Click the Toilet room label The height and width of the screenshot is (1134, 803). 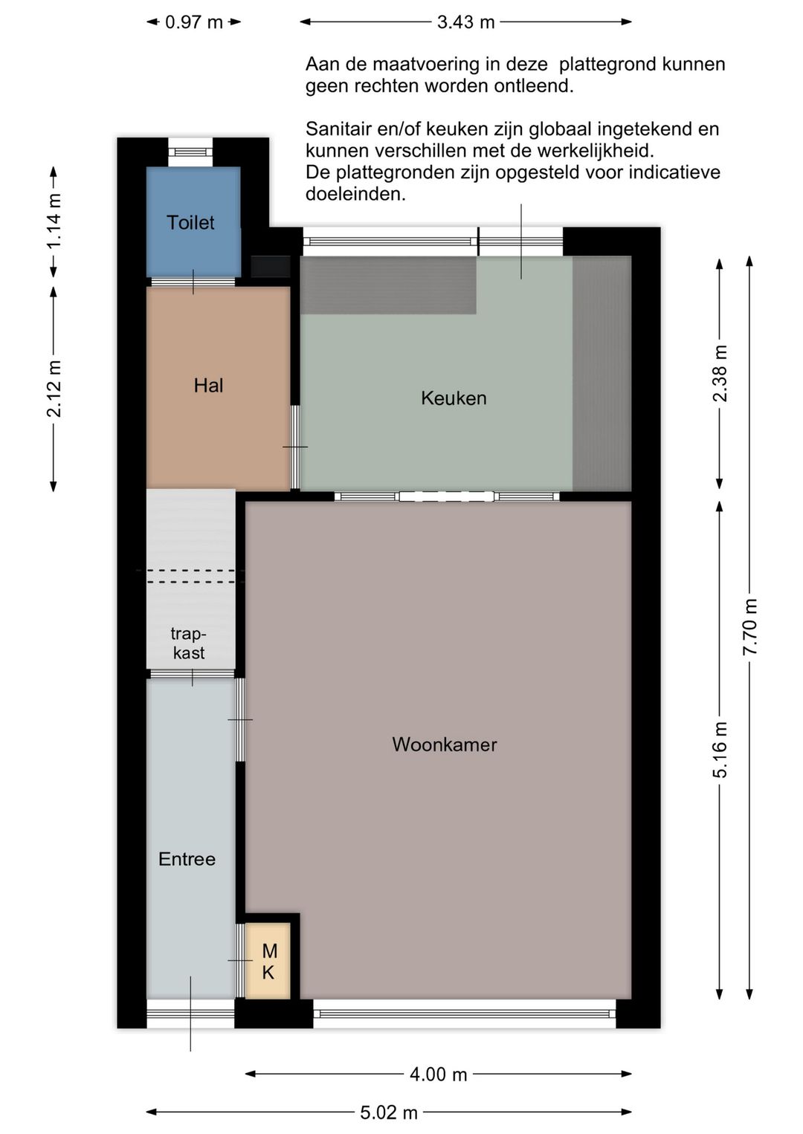[x=190, y=222]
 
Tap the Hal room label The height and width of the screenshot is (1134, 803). [x=208, y=385]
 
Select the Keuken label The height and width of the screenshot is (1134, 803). [x=454, y=398]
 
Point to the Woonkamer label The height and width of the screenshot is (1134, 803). [x=444, y=744]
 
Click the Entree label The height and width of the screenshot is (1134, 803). [x=187, y=858]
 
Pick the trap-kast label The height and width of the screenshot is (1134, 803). [x=188, y=643]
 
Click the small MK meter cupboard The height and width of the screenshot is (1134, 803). [x=268, y=961]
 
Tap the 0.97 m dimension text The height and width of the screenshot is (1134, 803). [x=193, y=22]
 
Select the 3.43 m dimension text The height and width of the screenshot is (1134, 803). [x=465, y=22]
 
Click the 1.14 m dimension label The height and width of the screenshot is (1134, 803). [x=54, y=222]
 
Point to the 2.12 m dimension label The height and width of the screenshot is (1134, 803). [x=54, y=388]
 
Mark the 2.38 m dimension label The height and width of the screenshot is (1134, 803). [x=720, y=373]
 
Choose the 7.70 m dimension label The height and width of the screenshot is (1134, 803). [x=750, y=626]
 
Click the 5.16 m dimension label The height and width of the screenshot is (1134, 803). [x=720, y=749]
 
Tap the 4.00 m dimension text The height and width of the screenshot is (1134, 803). [x=438, y=1074]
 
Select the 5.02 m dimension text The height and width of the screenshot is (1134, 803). [x=389, y=1112]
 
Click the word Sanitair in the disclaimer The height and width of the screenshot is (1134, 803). [x=338, y=129]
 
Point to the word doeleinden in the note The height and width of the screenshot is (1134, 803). [x=355, y=195]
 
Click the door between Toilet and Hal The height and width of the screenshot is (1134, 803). [x=193, y=282]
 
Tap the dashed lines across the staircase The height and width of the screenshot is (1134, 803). [x=191, y=576]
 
